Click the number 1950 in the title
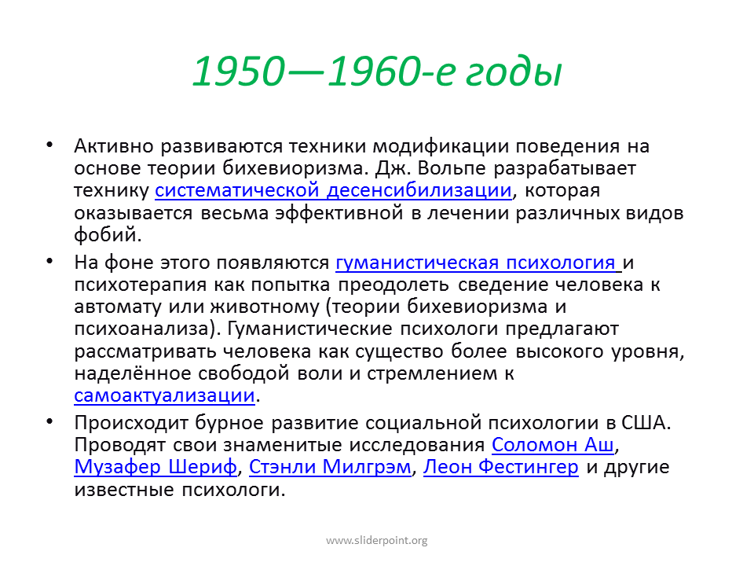pos(239,72)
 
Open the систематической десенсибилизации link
pos(333,190)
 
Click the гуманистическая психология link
pos(475,263)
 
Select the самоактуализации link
pos(164,395)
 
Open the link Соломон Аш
pos(552,445)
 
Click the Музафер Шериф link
pos(156,467)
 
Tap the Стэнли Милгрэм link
pos(330,467)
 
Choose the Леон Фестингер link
pos(500,467)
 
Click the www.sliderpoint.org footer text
pos(376,541)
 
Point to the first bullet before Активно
pos(49,145)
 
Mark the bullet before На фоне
pos(49,261)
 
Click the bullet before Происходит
pos(49,421)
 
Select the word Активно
pos(113,146)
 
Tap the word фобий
pos(108,235)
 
